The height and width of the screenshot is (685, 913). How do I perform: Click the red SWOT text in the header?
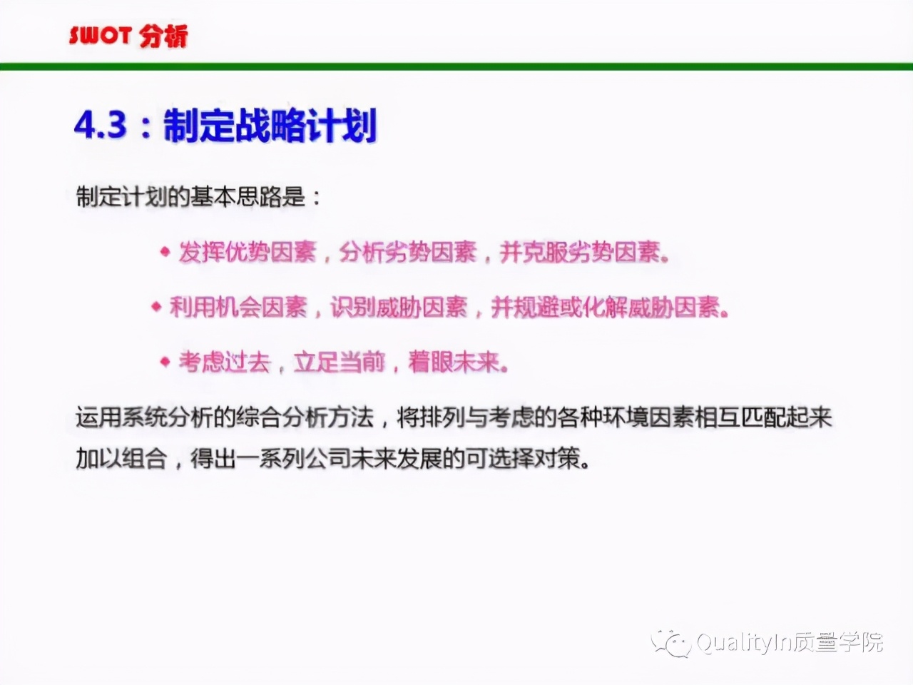point(101,36)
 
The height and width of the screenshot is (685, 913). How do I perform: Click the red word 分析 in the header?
point(163,36)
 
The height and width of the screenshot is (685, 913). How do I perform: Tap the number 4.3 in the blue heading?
point(101,125)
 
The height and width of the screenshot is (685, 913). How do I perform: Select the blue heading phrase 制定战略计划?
point(270,125)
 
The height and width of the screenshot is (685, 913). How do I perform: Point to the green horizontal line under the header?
point(456,66)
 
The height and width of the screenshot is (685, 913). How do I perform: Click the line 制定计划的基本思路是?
point(192,196)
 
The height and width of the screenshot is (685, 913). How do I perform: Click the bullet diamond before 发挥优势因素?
point(165,251)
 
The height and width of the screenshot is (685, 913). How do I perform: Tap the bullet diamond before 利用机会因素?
point(156,307)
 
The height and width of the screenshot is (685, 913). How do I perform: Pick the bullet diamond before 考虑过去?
point(165,362)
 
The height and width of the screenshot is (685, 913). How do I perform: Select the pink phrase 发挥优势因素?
point(248,252)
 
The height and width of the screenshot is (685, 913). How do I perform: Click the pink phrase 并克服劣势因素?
point(580,252)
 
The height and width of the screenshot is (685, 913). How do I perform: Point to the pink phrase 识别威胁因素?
point(399,308)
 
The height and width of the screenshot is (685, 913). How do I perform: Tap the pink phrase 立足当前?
point(340,362)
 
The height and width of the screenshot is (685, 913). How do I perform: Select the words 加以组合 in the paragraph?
point(121,459)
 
